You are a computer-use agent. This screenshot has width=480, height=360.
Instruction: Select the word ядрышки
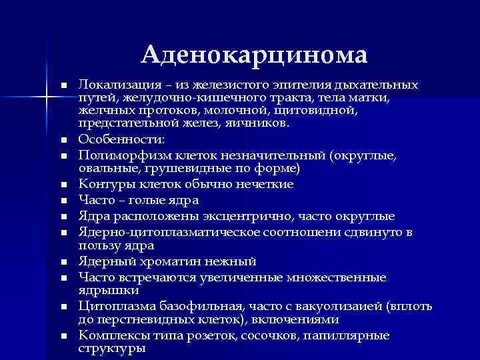click(108, 291)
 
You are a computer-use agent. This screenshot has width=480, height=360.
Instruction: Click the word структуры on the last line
click(112, 349)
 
